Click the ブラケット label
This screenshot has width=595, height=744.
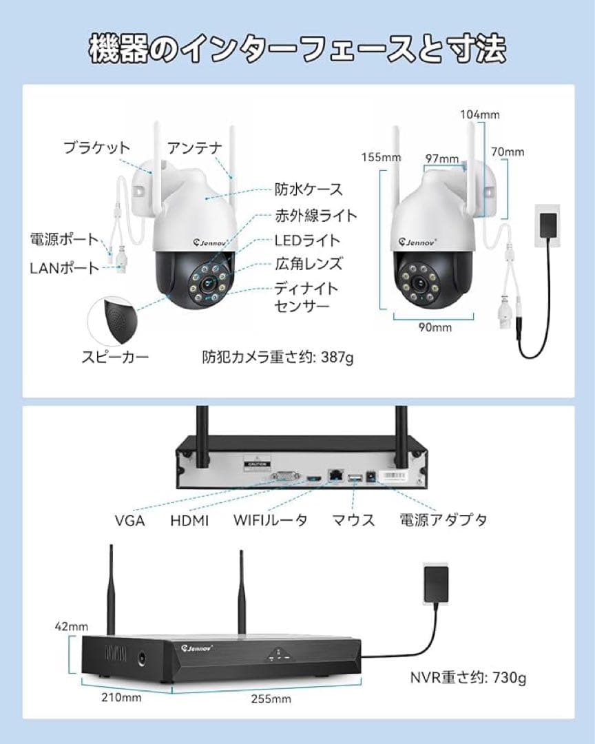point(96,147)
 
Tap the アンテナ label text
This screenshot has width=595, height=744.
point(195,147)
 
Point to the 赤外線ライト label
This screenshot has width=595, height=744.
point(316,216)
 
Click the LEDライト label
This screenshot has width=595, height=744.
point(307,240)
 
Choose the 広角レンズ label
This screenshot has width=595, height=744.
point(308,264)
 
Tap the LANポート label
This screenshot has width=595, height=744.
point(65,268)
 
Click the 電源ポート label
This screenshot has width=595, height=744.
point(65,240)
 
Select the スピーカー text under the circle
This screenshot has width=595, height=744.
point(115,357)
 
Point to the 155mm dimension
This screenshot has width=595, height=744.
point(381,157)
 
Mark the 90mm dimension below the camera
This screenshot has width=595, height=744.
point(435,327)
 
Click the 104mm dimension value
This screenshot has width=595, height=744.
point(479,114)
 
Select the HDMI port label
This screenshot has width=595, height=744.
point(189,520)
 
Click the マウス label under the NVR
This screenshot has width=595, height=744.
point(353,520)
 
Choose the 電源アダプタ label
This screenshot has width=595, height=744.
point(443,520)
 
